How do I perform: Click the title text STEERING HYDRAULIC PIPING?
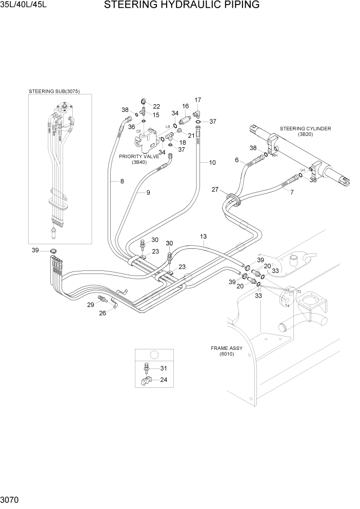[182, 6]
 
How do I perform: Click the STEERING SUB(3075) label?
[61, 91]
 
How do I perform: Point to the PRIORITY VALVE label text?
[139, 156]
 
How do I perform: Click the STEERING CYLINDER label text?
[305, 128]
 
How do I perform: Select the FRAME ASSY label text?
[226, 348]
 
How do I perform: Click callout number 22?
[156, 106]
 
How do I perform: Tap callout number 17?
[197, 100]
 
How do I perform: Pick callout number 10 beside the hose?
[212, 163]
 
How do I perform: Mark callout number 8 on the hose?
[122, 181]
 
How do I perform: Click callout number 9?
[148, 193]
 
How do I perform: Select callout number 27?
[215, 190]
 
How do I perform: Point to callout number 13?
[203, 237]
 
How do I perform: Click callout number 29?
[90, 305]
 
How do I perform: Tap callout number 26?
[102, 313]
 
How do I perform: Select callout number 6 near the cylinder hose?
[237, 160]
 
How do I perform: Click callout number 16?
[186, 106]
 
